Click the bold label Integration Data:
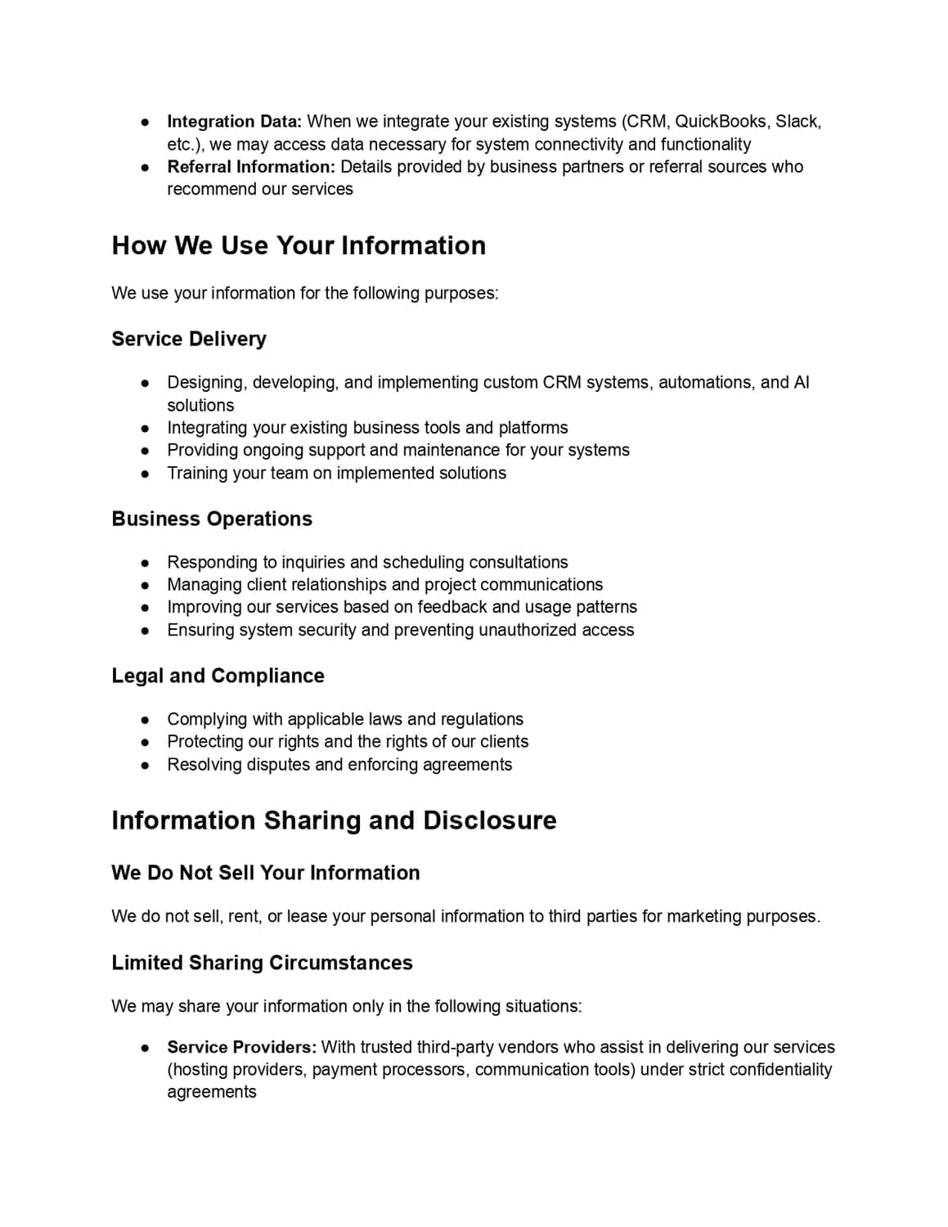[234, 122]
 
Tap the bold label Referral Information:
[251, 167]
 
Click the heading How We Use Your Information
[299, 245]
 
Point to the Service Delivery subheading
[189, 339]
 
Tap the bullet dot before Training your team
[145, 474]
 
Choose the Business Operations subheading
[212, 519]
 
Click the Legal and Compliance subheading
[218, 676]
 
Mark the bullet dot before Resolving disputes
[145, 765]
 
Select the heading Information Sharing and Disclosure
[334, 820]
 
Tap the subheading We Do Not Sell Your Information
[266, 873]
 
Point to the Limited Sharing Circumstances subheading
[262, 963]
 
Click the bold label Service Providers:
[241, 1047]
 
